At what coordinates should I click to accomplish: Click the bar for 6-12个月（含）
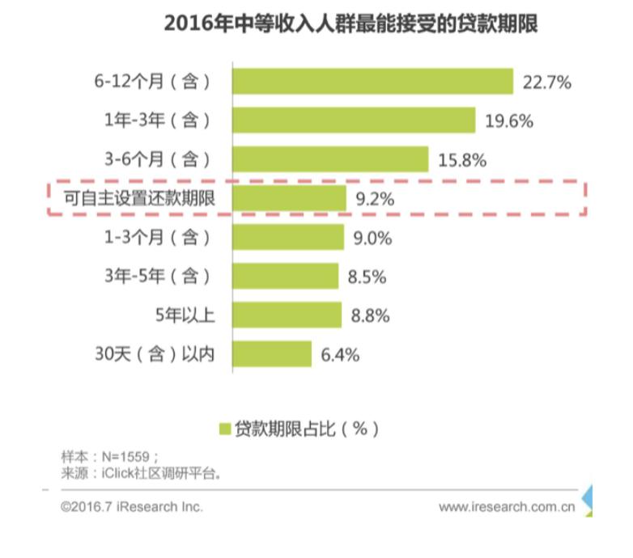pos(372,82)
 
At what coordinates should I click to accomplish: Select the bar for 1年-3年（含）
pos(353,120)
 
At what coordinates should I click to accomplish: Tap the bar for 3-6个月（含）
pos(329,159)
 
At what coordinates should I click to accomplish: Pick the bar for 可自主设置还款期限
pos(289,198)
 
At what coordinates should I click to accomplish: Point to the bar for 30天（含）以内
pos(271,354)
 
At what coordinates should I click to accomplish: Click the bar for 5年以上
pos(287,315)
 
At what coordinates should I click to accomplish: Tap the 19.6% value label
pos(508,121)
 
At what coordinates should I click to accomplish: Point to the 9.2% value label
pos(373,198)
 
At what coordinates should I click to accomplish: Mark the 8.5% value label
pos(366,277)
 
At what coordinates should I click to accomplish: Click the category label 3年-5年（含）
pos(157,277)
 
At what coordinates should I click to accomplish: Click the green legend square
pos(224,429)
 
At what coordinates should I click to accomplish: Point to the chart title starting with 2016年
pos(350,25)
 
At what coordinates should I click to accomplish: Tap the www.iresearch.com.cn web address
pos(507,507)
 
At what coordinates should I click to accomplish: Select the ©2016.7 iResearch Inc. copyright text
pos(132,507)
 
